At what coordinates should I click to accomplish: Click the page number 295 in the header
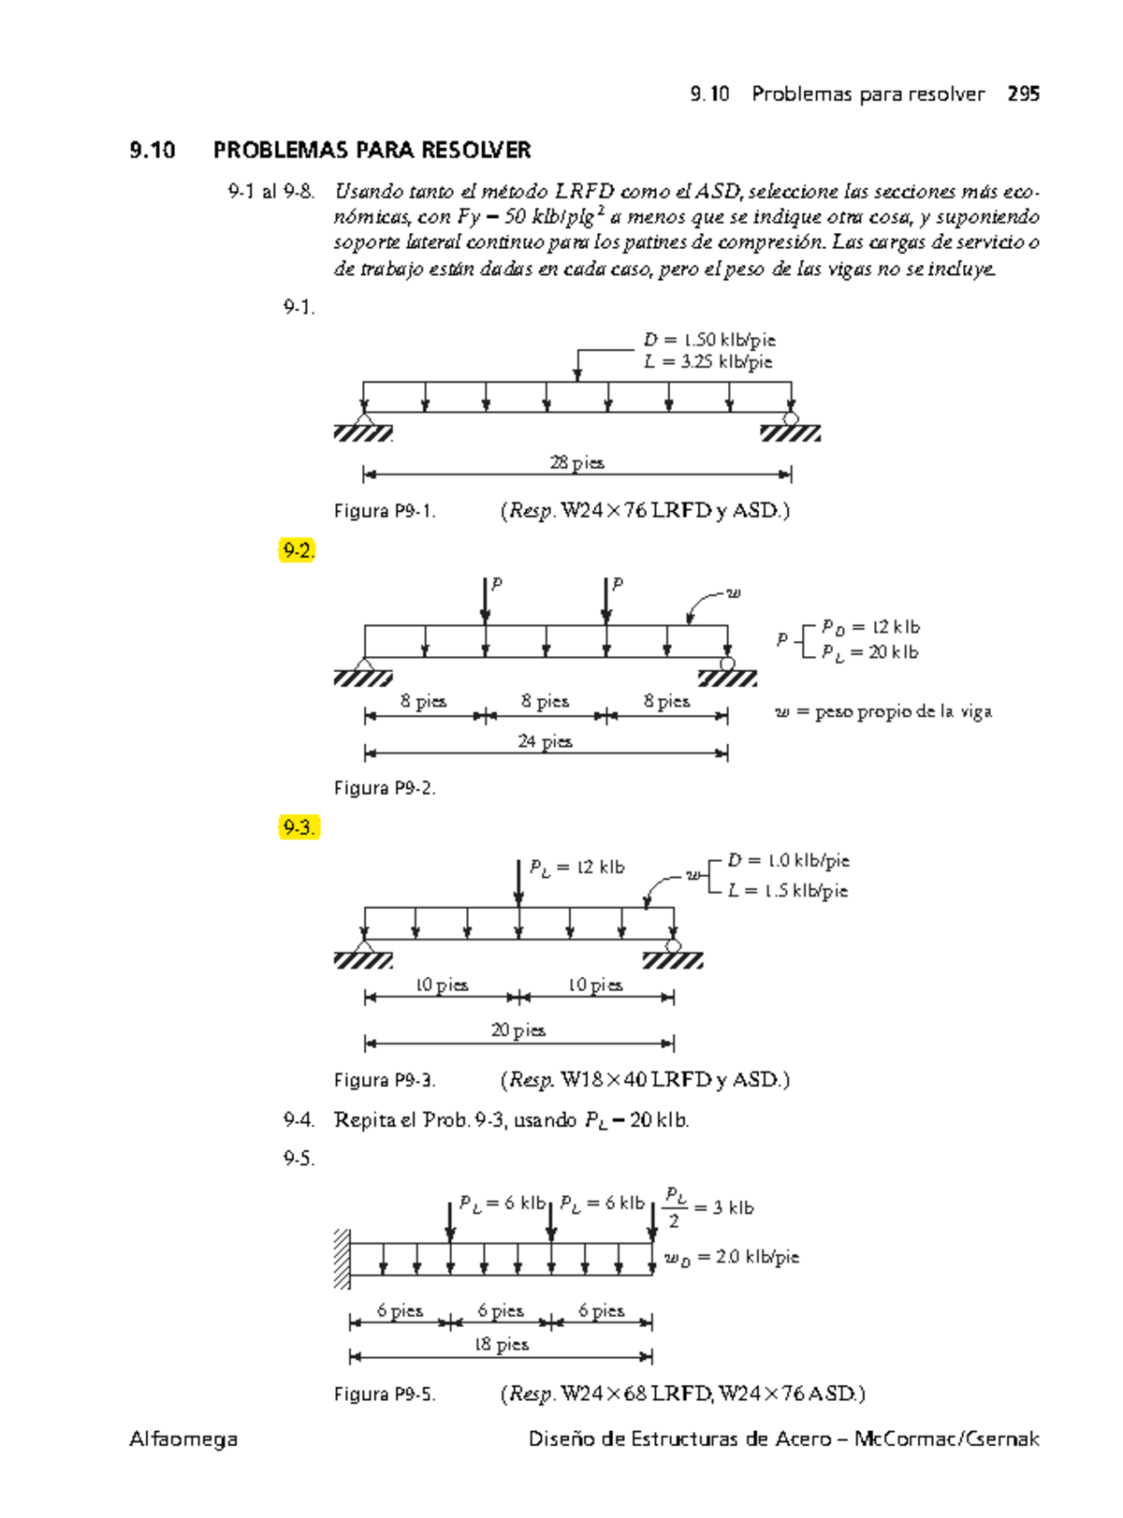point(1023,94)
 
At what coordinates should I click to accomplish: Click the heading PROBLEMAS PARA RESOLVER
point(372,150)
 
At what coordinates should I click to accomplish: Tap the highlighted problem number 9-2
point(298,550)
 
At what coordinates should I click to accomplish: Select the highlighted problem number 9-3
point(299,827)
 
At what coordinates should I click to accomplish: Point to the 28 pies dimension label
point(576,462)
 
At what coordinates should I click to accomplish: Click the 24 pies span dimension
point(545,741)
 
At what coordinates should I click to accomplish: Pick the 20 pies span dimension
point(518,1030)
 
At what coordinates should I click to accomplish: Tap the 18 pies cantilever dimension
point(501,1345)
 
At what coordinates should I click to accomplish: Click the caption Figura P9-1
point(385,511)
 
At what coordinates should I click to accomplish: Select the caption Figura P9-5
point(385,1394)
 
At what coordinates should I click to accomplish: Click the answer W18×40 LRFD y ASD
point(646,1080)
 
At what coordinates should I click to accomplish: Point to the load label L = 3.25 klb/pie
point(708,362)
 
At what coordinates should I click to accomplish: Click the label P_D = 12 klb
point(870,627)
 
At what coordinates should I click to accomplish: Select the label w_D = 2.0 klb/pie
point(732,1257)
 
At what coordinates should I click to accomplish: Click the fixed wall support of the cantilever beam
point(343,1259)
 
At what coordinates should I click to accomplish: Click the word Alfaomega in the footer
point(183,1439)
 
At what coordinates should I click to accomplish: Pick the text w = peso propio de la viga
point(883,712)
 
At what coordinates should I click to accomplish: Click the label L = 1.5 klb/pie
point(788,891)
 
